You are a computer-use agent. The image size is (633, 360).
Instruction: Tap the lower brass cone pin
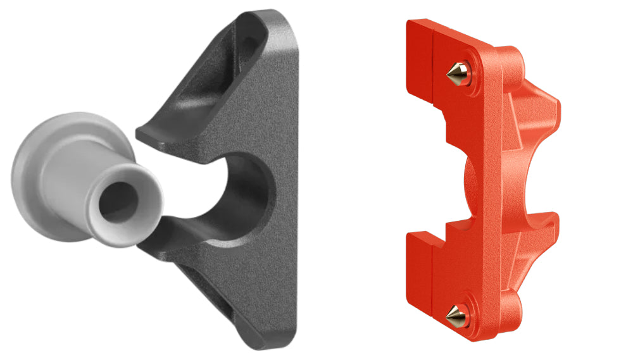click(x=455, y=312)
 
